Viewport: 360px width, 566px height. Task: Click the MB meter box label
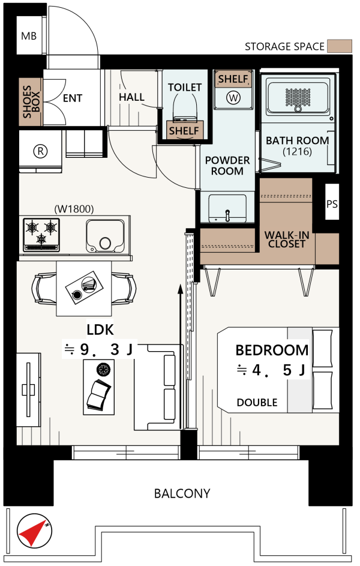[x=28, y=36]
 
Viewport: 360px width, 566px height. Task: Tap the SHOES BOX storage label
[x=31, y=102]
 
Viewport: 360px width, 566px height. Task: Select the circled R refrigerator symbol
[x=40, y=151]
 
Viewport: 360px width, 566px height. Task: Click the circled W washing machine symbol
[x=233, y=97]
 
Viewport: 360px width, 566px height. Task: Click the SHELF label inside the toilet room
[x=184, y=130]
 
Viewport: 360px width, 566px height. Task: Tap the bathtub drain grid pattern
[x=298, y=97]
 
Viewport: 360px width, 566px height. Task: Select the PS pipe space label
[x=332, y=204]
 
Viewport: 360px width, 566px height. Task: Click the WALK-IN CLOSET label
[x=287, y=239]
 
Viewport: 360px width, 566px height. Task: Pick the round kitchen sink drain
[x=106, y=243]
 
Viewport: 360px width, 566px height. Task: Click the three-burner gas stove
[x=41, y=234]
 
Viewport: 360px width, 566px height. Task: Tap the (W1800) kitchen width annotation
[x=74, y=209]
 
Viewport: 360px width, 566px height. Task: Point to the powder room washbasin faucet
[x=227, y=215]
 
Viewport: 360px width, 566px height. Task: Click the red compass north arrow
[x=32, y=533]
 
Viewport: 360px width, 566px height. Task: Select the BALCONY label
[x=182, y=493]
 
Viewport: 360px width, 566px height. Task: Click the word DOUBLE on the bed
[x=257, y=403]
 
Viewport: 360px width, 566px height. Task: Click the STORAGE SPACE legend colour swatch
[x=340, y=46]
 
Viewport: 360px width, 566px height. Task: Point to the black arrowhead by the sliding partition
[x=181, y=289]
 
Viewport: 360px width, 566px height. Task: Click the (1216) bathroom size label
[x=297, y=151]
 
